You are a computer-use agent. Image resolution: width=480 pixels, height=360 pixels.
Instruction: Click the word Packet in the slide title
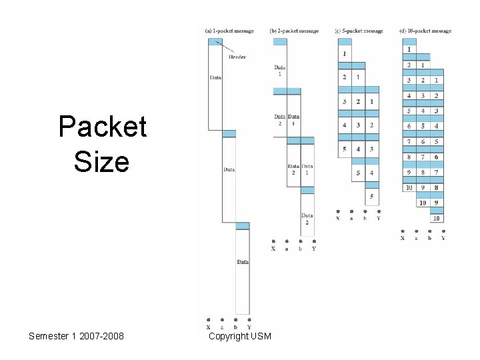point(102,127)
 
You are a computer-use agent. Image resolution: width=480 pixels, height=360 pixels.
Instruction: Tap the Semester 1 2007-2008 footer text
point(76,336)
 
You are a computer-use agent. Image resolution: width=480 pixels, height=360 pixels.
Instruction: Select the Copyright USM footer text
point(240,336)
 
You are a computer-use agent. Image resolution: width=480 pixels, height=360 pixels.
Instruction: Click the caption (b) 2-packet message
point(294,31)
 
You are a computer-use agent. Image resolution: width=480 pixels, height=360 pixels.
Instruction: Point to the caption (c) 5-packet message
point(359,31)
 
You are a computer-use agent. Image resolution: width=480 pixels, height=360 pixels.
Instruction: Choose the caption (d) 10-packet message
point(425,31)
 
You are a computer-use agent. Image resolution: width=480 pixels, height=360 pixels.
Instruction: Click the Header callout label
point(237,57)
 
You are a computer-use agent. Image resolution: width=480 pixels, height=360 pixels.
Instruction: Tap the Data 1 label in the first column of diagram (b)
point(279,70)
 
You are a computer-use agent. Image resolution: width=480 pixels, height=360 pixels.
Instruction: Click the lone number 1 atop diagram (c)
point(344,53)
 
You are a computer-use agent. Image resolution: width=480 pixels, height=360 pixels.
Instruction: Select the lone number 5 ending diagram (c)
point(371,197)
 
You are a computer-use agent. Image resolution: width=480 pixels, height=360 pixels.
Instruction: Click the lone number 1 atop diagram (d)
point(409,49)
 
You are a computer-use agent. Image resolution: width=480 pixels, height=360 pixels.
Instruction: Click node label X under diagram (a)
point(209,327)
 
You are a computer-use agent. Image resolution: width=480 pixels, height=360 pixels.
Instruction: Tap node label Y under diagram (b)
point(314,249)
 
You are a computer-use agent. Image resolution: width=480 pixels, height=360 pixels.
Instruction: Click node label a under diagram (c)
point(351,218)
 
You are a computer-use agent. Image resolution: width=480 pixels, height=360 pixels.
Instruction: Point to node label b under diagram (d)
point(429,238)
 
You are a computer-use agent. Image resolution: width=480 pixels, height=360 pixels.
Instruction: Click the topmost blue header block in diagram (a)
point(215,41)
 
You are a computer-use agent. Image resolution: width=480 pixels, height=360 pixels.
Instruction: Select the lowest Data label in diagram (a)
point(243,262)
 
